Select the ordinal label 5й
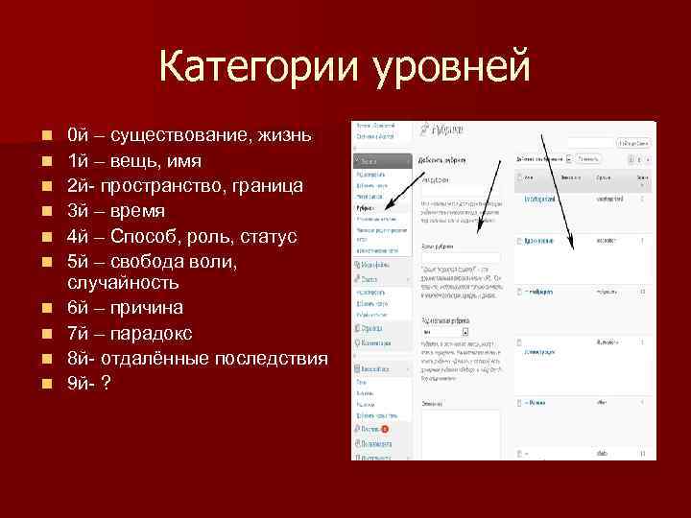click(79, 261)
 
